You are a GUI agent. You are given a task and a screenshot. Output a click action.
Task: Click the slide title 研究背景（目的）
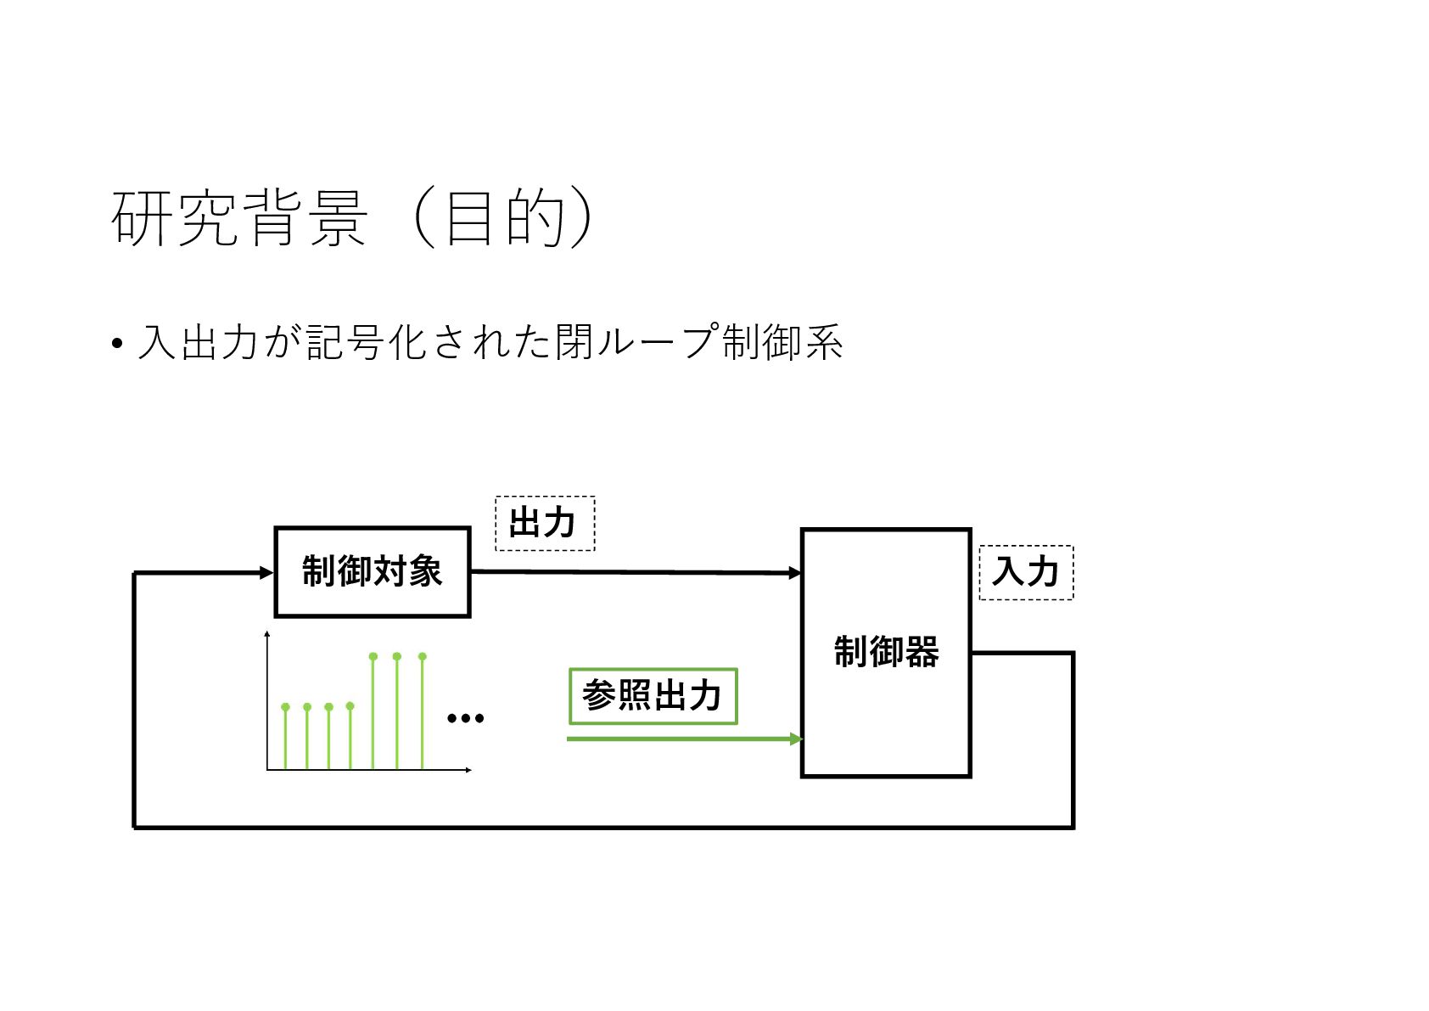(x=351, y=218)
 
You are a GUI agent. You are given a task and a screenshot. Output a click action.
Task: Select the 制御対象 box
(x=372, y=571)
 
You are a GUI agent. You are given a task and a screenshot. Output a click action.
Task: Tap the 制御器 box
(x=885, y=652)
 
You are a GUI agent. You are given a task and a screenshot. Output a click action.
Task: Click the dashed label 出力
(x=544, y=523)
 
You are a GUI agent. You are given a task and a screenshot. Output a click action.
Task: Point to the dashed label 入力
(x=1025, y=572)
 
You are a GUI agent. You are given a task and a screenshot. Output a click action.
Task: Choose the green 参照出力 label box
(x=652, y=696)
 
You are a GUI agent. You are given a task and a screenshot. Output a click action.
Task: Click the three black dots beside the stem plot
(x=465, y=718)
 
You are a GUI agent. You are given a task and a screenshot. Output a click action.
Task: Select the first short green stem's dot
(x=285, y=706)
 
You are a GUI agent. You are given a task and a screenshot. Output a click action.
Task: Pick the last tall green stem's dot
(x=423, y=656)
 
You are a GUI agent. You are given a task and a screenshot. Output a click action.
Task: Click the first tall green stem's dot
(x=373, y=656)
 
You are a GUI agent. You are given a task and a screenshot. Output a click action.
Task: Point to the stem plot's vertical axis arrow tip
(x=267, y=633)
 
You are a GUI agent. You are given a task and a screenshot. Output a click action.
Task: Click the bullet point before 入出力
(x=117, y=345)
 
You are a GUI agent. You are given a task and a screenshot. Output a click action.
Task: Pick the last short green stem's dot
(x=350, y=705)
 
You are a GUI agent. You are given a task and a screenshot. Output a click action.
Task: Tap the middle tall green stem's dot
(x=397, y=656)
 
